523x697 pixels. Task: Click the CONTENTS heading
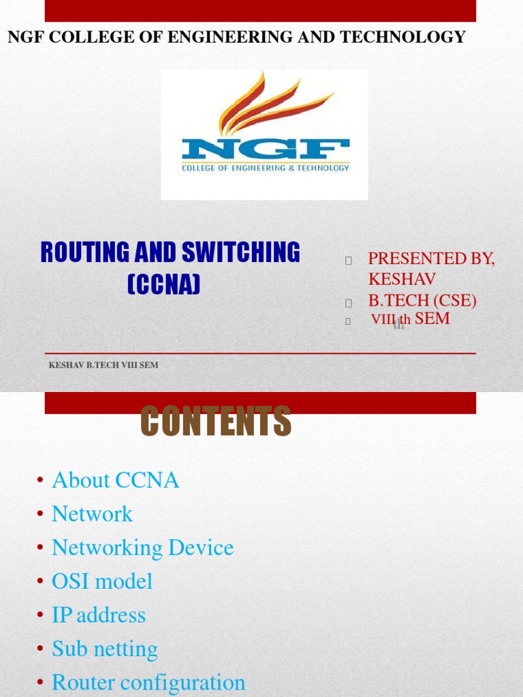click(x=216, y=421)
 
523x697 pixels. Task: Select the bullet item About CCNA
click(x=115, y=481)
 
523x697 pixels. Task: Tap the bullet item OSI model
click(x=102, y=582)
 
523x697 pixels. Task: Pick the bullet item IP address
click(x=99, y=615)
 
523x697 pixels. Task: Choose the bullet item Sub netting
click(x=105, y=649)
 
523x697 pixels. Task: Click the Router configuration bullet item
click(x=148, y=683)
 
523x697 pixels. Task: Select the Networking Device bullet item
click(x=142, y=548)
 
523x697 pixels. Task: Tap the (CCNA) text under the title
click(x=163, y=284)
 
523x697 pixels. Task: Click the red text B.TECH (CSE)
click(x=422, y=301)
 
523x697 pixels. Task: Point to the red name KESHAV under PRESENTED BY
click(x=402, y=279)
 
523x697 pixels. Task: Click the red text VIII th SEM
click(x=411, y=319)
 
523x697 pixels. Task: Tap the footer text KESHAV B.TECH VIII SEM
click(x=104, y=366)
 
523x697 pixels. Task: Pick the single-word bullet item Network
click(x=93, y=514)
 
